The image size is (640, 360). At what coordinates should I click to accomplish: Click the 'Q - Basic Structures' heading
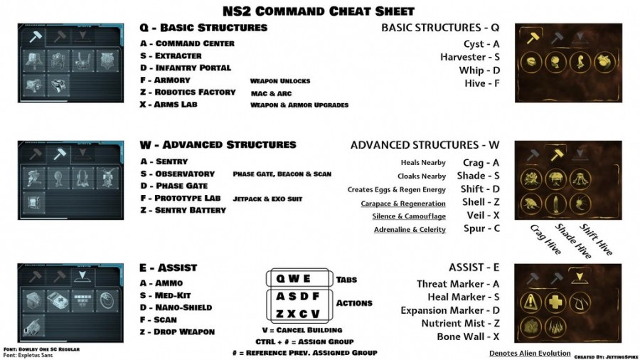[203, 28]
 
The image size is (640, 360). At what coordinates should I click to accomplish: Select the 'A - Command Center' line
[187, 43]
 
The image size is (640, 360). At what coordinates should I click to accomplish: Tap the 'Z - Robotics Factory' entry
[188, 92]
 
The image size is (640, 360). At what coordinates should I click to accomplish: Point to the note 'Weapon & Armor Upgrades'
[299, 105]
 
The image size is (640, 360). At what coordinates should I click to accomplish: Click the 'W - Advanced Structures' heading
[218, 144]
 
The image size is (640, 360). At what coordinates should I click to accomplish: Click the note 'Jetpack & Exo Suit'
[267, 198]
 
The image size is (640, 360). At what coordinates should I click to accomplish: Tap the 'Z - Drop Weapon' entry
[177, 332]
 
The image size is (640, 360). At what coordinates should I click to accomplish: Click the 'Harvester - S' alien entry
[469, 57]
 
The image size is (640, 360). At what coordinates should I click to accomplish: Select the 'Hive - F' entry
[483, 83]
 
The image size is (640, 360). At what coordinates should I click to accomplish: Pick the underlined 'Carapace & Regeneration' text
[403, 203]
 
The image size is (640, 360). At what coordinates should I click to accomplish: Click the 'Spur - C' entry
[481, 228]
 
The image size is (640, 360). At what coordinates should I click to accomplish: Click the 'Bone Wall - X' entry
[468, 337]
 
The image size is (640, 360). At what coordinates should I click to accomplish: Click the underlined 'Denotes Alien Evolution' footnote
[530, 353]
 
